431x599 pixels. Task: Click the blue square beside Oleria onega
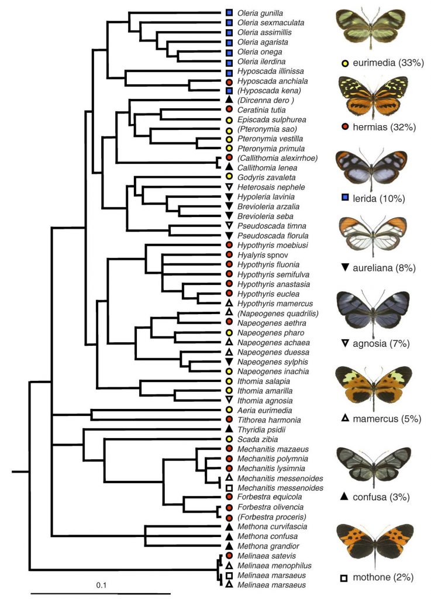[230, 51]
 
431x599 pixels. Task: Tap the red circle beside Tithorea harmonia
[230, 419]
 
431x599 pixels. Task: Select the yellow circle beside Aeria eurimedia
[230, 410]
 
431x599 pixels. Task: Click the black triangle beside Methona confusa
[230, 536]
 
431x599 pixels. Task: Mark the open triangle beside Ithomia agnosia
[230, 400]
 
